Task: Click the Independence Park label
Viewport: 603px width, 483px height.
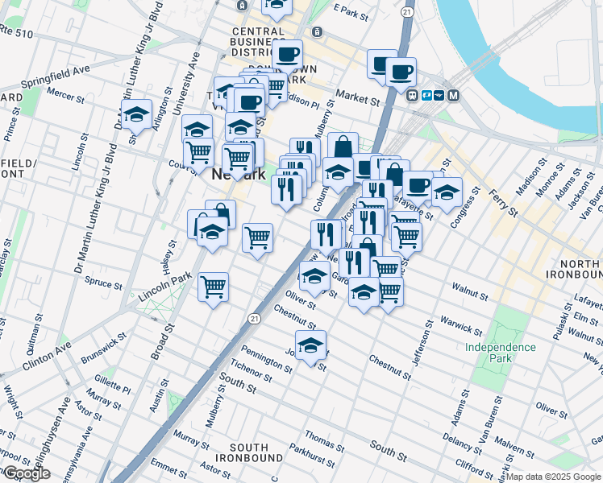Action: [x=500, y=352]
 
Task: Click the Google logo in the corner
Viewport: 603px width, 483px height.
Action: [x=27, y=473]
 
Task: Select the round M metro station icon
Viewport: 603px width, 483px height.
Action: [x=453, y=95]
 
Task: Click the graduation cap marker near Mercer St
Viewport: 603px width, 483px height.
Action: [x=137, y=114]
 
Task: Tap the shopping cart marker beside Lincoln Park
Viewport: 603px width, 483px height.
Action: [x=213, y=286]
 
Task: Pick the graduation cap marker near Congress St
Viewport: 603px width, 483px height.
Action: [x=446, y=192]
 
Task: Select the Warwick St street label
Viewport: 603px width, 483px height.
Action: [x=460, y=324]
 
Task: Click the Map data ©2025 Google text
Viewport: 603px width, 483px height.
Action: [x=553, y=477]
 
